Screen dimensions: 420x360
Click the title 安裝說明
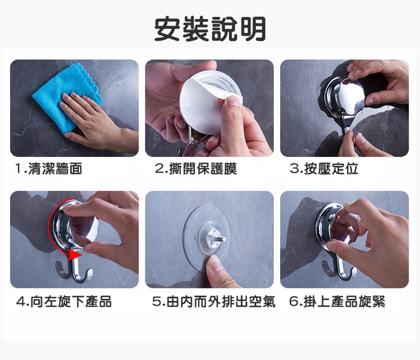pyautogui.click(x=210, y=29)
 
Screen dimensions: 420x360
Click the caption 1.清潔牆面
pyautogui.click(x=49, y=169)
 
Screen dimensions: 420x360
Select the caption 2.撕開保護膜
pyautogui.click(x=196, y=169)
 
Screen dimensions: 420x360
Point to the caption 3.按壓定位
pyautogui.click(x=324, y=169)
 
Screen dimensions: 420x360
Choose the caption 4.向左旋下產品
pyautogui.click(x=64, y=301)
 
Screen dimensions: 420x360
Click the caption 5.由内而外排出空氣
pyautogui.click(x=214, y=301)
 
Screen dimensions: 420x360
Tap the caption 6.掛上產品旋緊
pyautogui.click(x=337, y=301)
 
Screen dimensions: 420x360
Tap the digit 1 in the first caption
pyautogui.click(x=18, y=169)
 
